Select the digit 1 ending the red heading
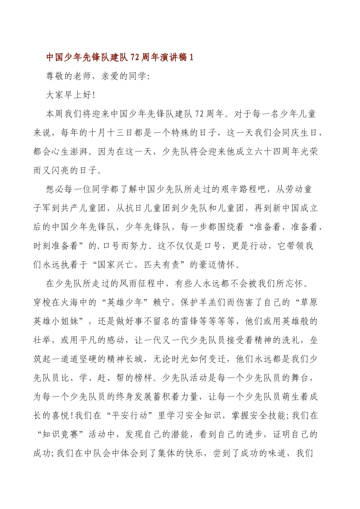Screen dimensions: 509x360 point(191,58)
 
